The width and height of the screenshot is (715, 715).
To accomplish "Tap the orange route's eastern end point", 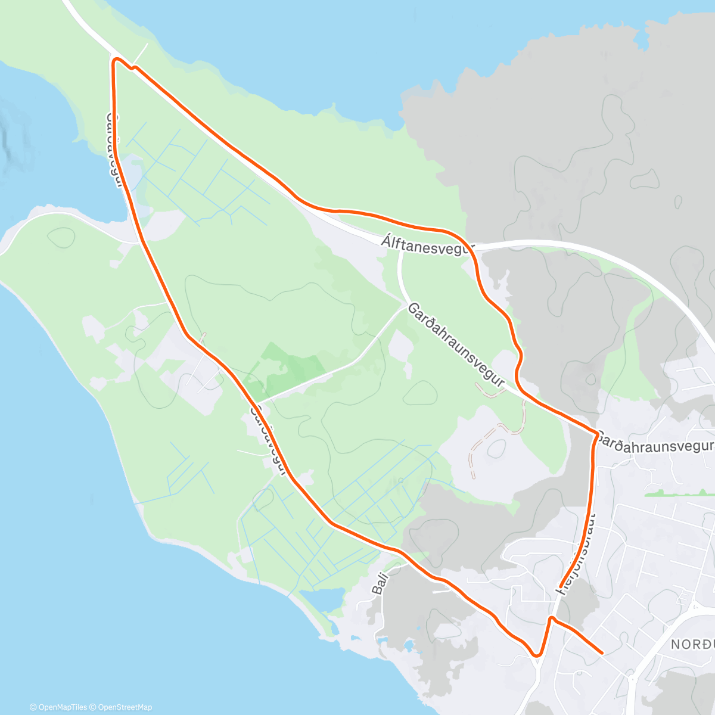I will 602,652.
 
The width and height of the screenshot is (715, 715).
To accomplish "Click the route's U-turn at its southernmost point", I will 537,655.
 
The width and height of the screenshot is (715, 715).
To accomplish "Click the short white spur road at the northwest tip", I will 141,53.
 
